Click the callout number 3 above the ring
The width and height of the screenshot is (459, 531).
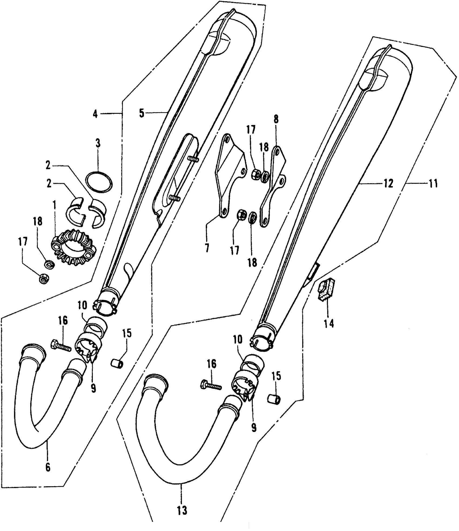coord(97,144)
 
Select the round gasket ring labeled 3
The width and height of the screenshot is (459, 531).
coord(99,182)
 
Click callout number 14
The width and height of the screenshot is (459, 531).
coord(329,323)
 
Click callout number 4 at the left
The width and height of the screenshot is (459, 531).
coord(95,114)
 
